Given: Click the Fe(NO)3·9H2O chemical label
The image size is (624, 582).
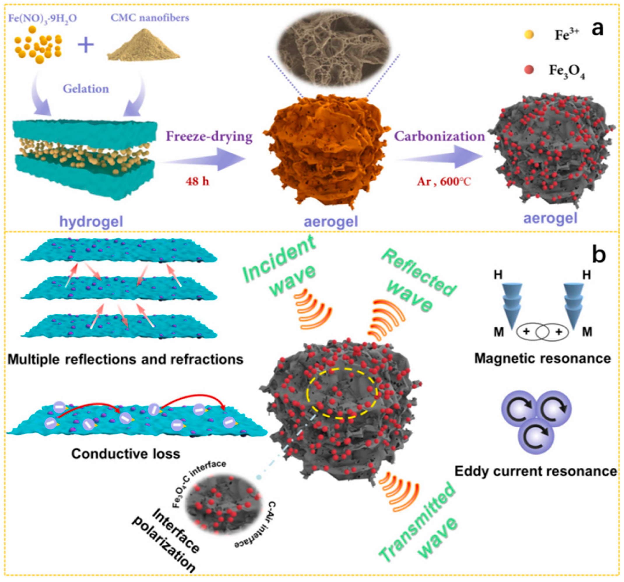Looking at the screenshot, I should click(x=43, y=19).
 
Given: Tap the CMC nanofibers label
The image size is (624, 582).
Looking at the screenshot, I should click(x=150, y=17).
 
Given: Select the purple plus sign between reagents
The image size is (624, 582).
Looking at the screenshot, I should click(x=86, y=45).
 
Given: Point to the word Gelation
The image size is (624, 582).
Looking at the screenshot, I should click(x=86, y=89).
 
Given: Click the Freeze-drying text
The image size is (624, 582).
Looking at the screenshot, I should click(x=209, y=137).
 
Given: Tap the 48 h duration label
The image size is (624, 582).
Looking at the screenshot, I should click(x=197, y=182).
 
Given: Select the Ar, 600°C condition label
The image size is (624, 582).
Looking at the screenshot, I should click(x=444, y=182).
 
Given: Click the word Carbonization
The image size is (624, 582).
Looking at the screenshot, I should click(x=440, y=137).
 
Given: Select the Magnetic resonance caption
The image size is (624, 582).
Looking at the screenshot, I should click(x=542, y=358).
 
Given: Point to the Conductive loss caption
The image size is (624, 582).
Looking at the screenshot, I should click(x=126, y=453).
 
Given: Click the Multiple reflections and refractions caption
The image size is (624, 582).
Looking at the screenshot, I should click(x=126, y=359).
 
